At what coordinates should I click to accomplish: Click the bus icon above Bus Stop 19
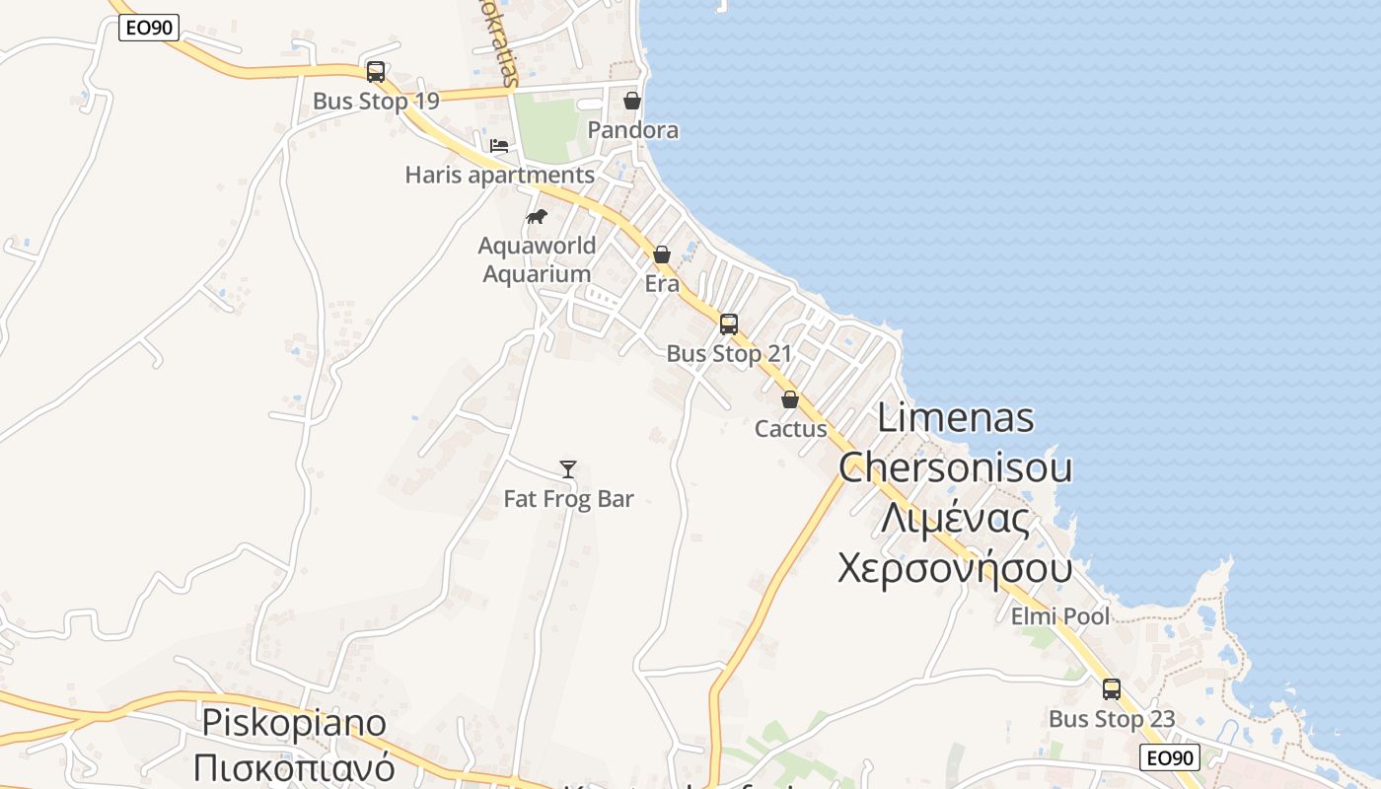376,72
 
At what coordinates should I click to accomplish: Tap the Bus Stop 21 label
729,353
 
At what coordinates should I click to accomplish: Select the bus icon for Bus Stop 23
1112,689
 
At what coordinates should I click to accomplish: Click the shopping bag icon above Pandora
632,101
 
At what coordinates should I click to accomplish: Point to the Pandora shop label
633,130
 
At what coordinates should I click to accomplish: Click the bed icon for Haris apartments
499,146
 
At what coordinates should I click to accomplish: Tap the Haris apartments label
500,176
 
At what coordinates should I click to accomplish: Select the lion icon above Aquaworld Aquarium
536,217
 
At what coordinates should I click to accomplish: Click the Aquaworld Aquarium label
537,259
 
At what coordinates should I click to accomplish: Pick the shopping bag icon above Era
662,254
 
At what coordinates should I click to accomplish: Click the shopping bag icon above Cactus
790,399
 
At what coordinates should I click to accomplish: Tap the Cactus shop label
791,429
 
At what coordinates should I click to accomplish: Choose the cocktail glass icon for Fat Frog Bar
568,469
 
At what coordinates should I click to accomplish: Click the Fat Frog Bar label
569,499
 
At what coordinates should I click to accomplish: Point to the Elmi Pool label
1060,616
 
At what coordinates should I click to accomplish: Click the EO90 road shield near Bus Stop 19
149,28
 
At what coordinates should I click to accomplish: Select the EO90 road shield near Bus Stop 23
1170,757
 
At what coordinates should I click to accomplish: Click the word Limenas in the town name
956,418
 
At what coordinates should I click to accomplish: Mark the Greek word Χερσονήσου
955,569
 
